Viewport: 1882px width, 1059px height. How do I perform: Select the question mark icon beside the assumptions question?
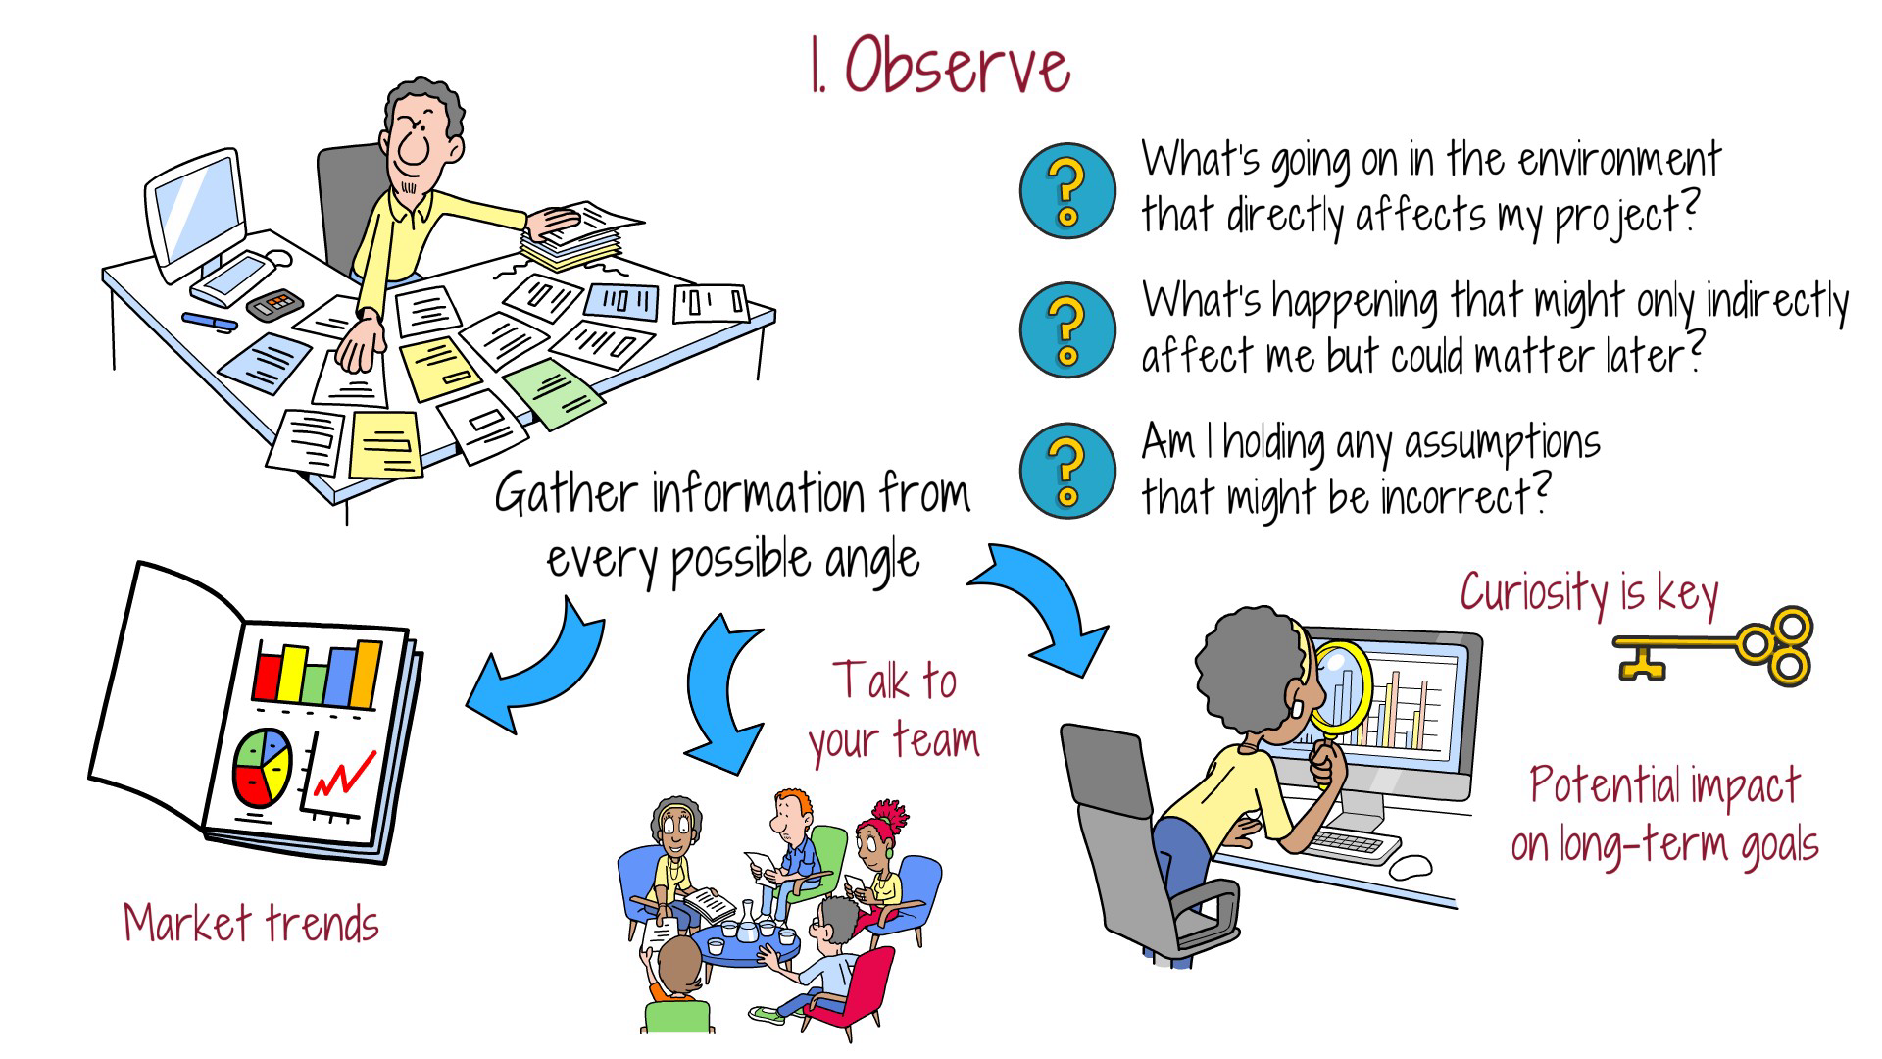point(1067,472)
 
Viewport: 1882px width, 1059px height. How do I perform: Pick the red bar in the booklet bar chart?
point(267,674)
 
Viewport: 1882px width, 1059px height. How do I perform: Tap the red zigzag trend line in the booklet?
point(344,774)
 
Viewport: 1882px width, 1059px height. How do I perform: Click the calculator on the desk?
point(275,304)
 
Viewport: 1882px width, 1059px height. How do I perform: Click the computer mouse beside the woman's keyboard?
point(1411,866)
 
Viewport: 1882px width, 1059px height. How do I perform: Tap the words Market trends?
point(251,924)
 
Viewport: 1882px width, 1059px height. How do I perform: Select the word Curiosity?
point(1533,593)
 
